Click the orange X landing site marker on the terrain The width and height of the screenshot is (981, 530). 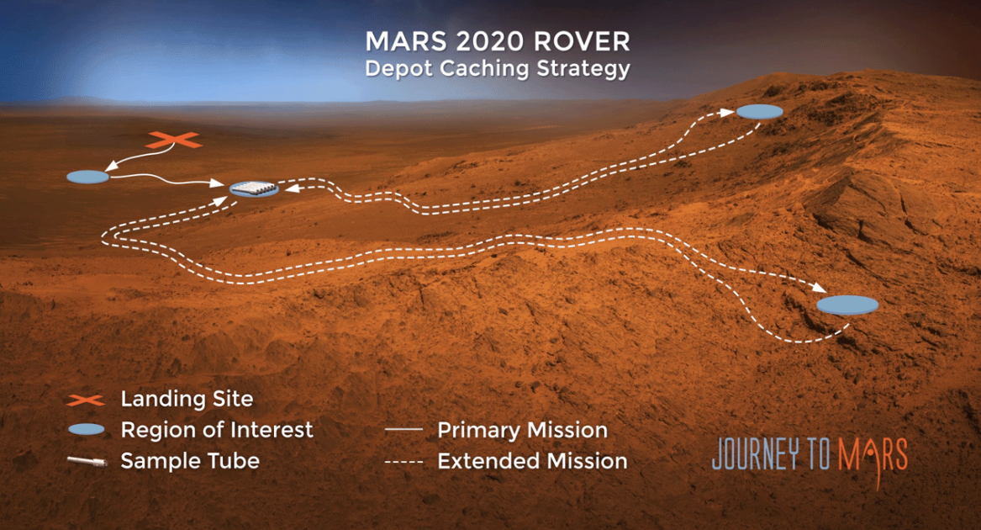coord(174,140)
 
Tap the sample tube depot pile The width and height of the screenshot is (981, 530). coord(254,188)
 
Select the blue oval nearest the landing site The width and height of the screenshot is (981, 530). coord(87,177)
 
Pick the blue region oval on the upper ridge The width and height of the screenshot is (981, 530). coord(760,112)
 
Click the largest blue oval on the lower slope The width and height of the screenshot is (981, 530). coord(847,305)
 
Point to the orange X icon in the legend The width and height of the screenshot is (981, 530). coord(86,400)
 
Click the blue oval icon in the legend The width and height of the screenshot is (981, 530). coord(86,430)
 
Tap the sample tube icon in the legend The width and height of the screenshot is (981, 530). coord(87,462)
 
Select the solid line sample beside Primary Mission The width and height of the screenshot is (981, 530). coord(403,430)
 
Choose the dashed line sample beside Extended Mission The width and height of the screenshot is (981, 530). coord(403,462)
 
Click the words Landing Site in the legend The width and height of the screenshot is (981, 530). coord(187,399)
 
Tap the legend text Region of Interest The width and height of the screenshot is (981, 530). coord(217,430)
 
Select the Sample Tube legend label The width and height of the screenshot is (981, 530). coord(190,461)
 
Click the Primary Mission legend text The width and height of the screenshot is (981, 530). coord(522,431)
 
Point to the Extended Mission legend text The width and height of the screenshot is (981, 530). coord(532,461)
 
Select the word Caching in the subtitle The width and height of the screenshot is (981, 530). coord(486,69)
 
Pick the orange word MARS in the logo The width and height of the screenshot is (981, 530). coord(873,456)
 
